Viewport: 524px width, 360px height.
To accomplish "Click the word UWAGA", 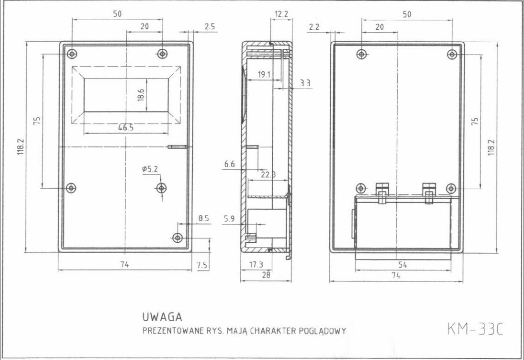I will (162, 317).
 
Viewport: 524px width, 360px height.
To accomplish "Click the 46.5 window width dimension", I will (126, 127).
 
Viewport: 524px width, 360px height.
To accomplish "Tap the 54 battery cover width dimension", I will (403, 265).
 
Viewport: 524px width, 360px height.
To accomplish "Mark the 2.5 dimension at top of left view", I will (209, 27).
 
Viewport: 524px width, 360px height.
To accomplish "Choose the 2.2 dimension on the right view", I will (314, 27).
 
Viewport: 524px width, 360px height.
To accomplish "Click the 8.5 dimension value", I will (204, 219).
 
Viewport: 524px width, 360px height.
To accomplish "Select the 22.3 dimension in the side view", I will (268, 175).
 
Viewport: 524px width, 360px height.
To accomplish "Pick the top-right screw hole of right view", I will (451, 54).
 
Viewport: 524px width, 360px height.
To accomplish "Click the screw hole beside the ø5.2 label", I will (162, 188).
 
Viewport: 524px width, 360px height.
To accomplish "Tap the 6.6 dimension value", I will (229, 165).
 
